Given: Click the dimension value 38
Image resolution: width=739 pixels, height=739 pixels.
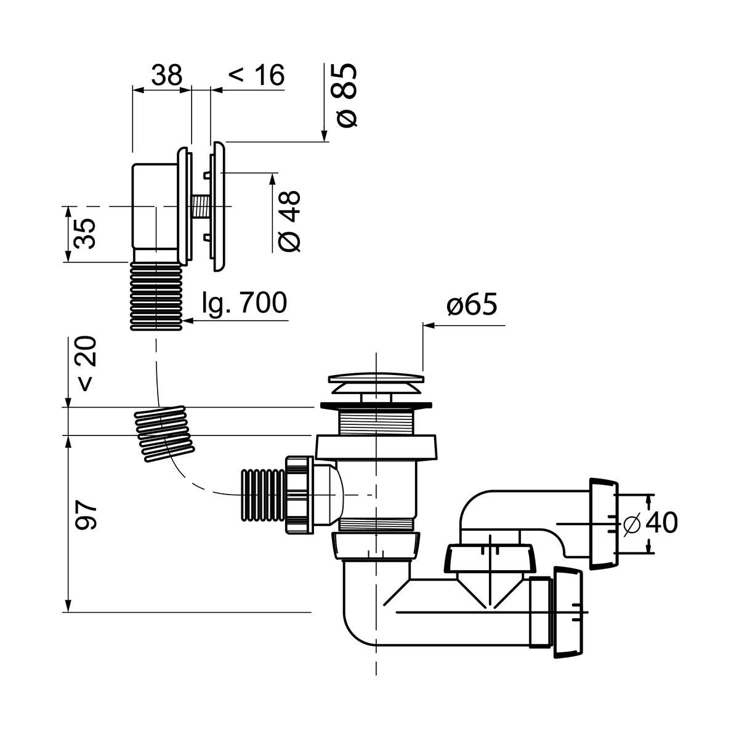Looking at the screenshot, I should click(x=168, y=75).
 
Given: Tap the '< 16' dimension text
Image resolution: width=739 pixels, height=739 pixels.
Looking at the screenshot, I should click(x=256, y=75).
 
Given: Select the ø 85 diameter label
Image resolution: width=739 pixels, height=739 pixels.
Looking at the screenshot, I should click(x=346, y=95).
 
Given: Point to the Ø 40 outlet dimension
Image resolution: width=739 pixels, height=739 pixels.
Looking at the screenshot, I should click(x=650, y=522).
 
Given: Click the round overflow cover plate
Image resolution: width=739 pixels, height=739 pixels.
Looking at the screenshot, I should click(x=219, y=206).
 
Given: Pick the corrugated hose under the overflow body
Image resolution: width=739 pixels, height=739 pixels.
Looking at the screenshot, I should click(x=158, y=296).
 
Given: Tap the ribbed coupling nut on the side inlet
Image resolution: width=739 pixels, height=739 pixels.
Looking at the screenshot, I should click(x=300, y=495).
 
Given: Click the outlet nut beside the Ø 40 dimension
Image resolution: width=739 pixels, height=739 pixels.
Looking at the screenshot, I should click(x=602, y=522).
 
